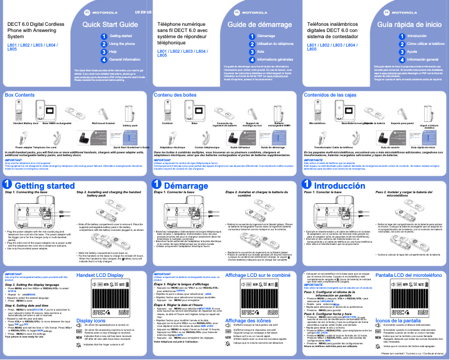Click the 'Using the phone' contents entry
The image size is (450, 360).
pos(122,43)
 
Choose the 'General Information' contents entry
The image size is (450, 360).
pos(125,59)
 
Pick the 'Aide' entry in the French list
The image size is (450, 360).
pos(260,51)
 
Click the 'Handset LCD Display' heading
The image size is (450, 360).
pos(100,276)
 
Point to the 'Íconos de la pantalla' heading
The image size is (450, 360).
pos(400,320)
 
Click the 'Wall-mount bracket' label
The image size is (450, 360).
pos(103,122)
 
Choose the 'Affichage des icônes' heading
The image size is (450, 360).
pos(247,320)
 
